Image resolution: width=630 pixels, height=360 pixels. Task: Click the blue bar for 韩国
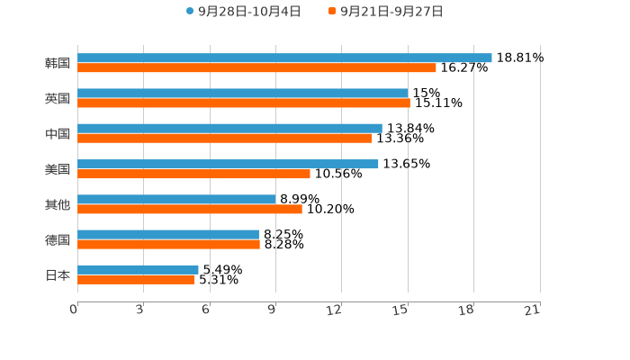(284, 58)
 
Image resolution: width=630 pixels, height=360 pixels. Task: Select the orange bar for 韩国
(256, 67)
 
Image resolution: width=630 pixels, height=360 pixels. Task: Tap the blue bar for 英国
(243, 93)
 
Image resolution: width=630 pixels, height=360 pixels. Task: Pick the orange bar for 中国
(224, 138)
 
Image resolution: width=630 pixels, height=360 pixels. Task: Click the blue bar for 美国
(228, 164)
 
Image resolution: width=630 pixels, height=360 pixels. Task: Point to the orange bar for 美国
(193, 174)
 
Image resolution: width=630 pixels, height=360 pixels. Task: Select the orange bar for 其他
(190, 209)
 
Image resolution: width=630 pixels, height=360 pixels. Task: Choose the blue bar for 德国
(168, 234)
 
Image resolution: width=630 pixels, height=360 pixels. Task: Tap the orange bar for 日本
(136, 279)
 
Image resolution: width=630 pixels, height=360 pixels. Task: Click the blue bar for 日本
(138, 269)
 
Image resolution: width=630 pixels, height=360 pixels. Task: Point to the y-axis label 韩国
(58, 63)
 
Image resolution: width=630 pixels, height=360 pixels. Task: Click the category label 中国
(58, 133)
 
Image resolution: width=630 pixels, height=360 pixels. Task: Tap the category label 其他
(58, 204)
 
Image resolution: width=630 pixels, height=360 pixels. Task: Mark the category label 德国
(58, 239)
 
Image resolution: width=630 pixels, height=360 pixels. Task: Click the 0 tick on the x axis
(75, 310)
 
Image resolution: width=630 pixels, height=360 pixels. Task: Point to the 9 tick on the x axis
(273, 310)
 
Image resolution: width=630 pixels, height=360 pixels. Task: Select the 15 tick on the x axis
(401, 310)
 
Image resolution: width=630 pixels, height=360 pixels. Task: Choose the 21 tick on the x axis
(533, 310)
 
